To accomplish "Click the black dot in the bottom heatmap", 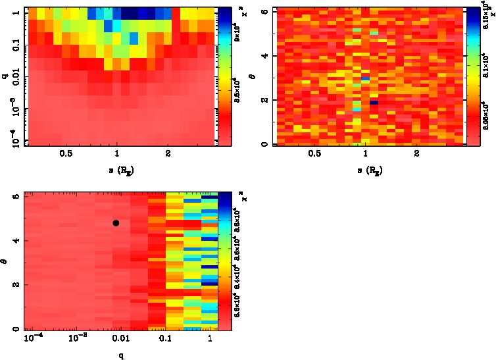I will tap(116, 223).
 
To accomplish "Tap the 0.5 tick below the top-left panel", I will tap(66, 154).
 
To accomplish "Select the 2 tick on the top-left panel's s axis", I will tap(168, 154).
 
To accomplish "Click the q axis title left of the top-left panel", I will tap(5, 76).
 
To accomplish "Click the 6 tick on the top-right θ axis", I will tap(264, 12).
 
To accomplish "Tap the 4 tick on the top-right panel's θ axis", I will tap(264, 56).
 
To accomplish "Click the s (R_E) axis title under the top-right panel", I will tap(366, 170).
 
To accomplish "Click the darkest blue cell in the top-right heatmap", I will tap(374, 103).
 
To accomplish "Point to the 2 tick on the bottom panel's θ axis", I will tap(18, 285).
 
